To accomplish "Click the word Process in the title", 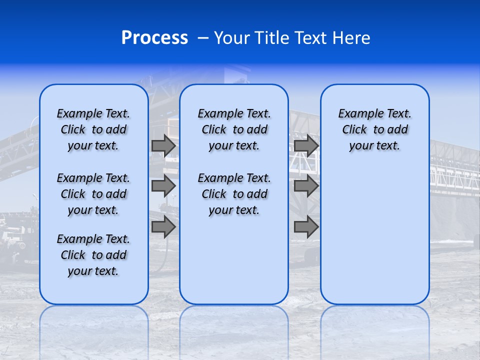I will tap(154, 38).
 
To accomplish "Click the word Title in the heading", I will tap(271, 38).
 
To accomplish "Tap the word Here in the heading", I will tap(353, 38).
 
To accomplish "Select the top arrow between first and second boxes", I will tap(163, 145).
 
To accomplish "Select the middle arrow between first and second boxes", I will tap(163, 186).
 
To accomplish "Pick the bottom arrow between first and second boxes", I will tap(163, 227).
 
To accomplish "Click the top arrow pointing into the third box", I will tap(306, 145).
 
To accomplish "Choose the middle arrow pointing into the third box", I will tap(306, 186).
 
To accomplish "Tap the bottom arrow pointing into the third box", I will tap(306, 227).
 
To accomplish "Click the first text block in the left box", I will tap(93, 129).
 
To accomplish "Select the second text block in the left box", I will tap(93, 194).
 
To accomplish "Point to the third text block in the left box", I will tap(93, 255).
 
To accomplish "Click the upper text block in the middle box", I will tap(234, 129).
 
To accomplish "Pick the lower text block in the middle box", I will tap(234, 194).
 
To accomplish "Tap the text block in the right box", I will tap(374, 129).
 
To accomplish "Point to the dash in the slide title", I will tap(203, 38).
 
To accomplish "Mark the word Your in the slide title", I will tap(231, 38).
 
